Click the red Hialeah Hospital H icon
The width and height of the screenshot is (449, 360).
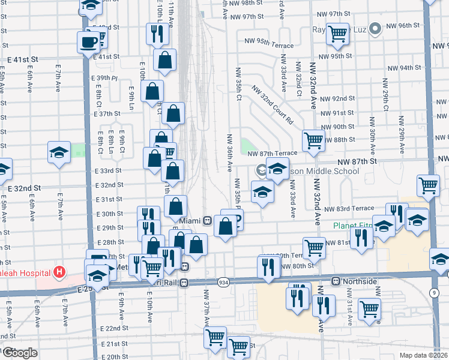[59, 272]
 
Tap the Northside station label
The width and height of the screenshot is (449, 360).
[360, 281]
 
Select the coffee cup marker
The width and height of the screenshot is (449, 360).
[89, 43]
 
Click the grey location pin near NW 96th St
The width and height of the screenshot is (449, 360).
[376, 28]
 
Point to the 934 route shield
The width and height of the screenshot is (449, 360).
[223, 282]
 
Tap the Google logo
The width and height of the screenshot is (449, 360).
[19, 353]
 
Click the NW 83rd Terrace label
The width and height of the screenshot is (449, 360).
[349, 208]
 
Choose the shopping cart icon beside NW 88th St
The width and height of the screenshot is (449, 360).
[314, 140]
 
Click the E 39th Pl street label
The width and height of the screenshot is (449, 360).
[105, 78]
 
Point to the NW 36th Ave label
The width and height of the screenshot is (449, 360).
[229, 153]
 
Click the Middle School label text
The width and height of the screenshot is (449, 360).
[325, 172]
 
